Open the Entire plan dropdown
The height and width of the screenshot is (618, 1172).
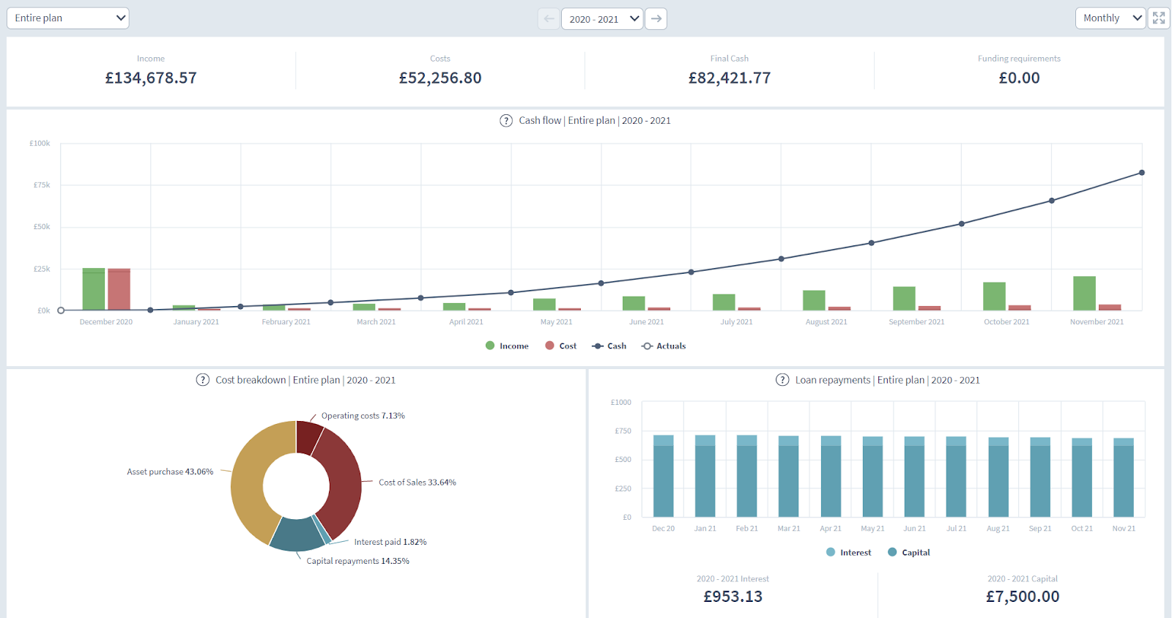[67, 18]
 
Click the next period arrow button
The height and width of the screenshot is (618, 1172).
[656, 19]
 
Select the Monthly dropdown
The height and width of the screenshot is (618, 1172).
[1110, 18]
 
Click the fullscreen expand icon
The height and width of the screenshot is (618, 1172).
[1158, 18]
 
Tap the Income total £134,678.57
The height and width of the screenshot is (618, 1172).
[151, 78]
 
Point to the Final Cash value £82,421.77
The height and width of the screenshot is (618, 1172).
[729, 78]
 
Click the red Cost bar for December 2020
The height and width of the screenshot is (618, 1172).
[119, 289]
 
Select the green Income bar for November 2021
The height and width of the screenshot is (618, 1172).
[1084, 293]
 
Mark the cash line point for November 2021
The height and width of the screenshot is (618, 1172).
[1141, 173]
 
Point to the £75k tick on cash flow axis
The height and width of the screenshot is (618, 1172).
[42, 185]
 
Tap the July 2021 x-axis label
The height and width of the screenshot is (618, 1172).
[736, 322]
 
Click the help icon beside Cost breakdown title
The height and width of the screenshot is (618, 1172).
[203, 380]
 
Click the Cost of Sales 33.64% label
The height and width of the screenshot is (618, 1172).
[417, 483]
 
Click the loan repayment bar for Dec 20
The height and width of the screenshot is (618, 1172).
[663, 480]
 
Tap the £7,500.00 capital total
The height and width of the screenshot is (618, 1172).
[1022, 597]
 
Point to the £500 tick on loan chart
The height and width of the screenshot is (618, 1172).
[623, 460]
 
